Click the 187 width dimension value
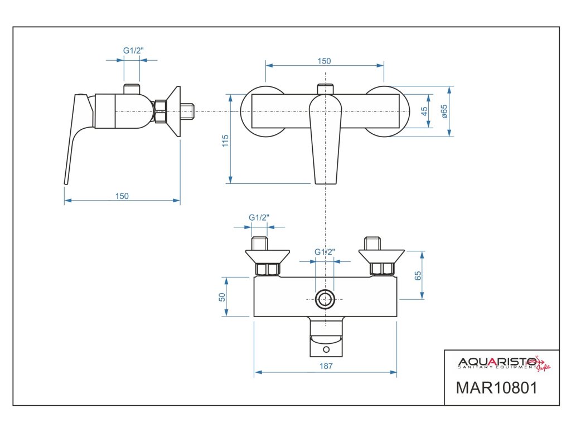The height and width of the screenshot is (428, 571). (x=327, y=366)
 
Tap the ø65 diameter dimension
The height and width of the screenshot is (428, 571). (x=444, y=111)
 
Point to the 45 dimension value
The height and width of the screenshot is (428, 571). (x=424, y=111)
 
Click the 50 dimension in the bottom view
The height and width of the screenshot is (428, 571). (x=221, y=297)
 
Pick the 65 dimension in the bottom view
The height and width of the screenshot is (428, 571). (x=419, y=275)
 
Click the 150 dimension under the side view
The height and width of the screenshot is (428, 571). (x=122, y=196)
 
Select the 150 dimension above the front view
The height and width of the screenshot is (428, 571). (x=325, y=61)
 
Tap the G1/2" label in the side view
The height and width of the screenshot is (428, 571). (x=133, y=51)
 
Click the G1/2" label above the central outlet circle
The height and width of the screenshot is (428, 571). (x=325, y=252)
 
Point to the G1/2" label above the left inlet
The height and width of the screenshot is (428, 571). (x=259, y=217)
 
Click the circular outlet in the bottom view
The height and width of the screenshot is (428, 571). (x=325, y=299)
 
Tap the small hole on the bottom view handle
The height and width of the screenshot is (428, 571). (x=326, y=350)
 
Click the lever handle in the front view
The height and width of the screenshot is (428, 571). (x=325, y=139)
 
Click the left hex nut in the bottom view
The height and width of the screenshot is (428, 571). (x=267, y=270)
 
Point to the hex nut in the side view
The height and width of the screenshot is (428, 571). (x=161, y=111)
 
